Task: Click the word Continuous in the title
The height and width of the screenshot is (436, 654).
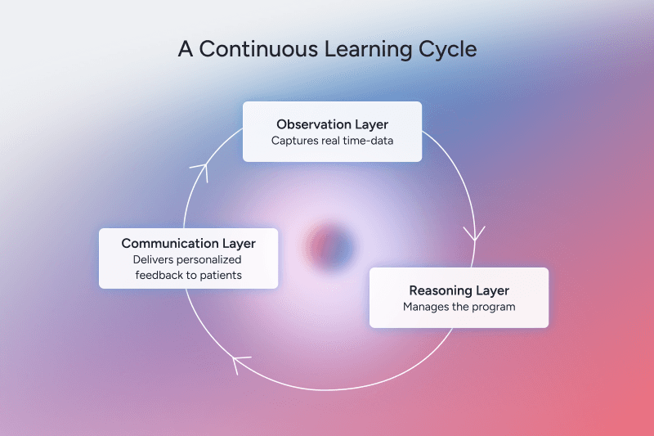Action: point(251,48)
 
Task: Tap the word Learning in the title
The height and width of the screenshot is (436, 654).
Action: point(358,48)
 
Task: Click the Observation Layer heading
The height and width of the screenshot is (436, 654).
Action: point(332,124)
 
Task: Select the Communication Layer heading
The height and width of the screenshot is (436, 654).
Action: point(188,243)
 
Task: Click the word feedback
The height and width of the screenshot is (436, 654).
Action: point(159,275)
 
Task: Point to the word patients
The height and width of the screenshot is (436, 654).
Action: point(222,275)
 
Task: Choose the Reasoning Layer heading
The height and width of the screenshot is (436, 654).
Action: point(459,290)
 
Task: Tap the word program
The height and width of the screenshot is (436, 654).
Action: point(493,307)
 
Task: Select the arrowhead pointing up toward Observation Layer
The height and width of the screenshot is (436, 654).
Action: point(200,169)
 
